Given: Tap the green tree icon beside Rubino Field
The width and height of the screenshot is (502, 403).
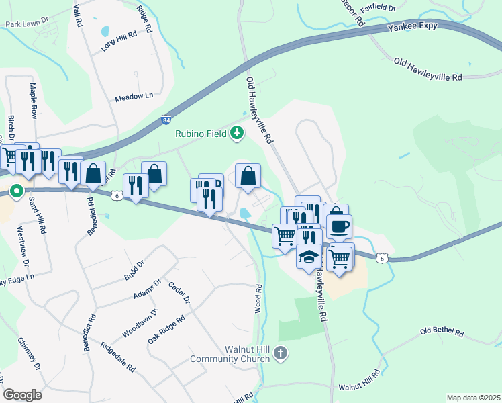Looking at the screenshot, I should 236,134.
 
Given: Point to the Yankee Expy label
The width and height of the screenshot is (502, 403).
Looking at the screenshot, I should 413,26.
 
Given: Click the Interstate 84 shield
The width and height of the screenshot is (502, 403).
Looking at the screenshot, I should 166,120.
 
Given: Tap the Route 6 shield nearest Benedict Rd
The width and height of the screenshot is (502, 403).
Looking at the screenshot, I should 117,195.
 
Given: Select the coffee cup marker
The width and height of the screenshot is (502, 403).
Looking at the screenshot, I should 339,226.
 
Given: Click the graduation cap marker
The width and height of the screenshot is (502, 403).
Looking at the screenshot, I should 309,258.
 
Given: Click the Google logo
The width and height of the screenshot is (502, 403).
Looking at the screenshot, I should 22,394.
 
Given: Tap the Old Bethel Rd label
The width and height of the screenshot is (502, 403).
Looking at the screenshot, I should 442,332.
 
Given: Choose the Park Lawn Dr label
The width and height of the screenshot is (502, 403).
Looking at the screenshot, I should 27,23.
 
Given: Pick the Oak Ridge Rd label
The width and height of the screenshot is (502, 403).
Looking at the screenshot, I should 166,332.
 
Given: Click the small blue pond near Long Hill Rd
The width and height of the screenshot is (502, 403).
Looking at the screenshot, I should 104,31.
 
